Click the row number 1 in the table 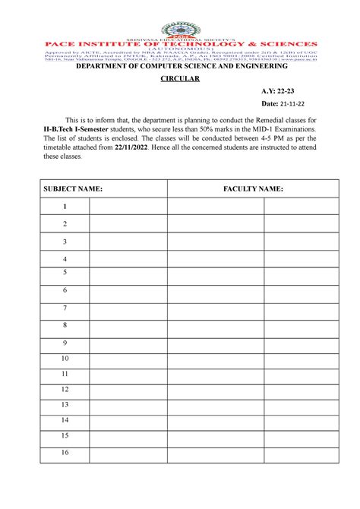(65, 206)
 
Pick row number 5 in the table (65, 271)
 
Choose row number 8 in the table (65, 324)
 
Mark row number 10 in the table (65, 358)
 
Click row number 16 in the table (65, 453)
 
